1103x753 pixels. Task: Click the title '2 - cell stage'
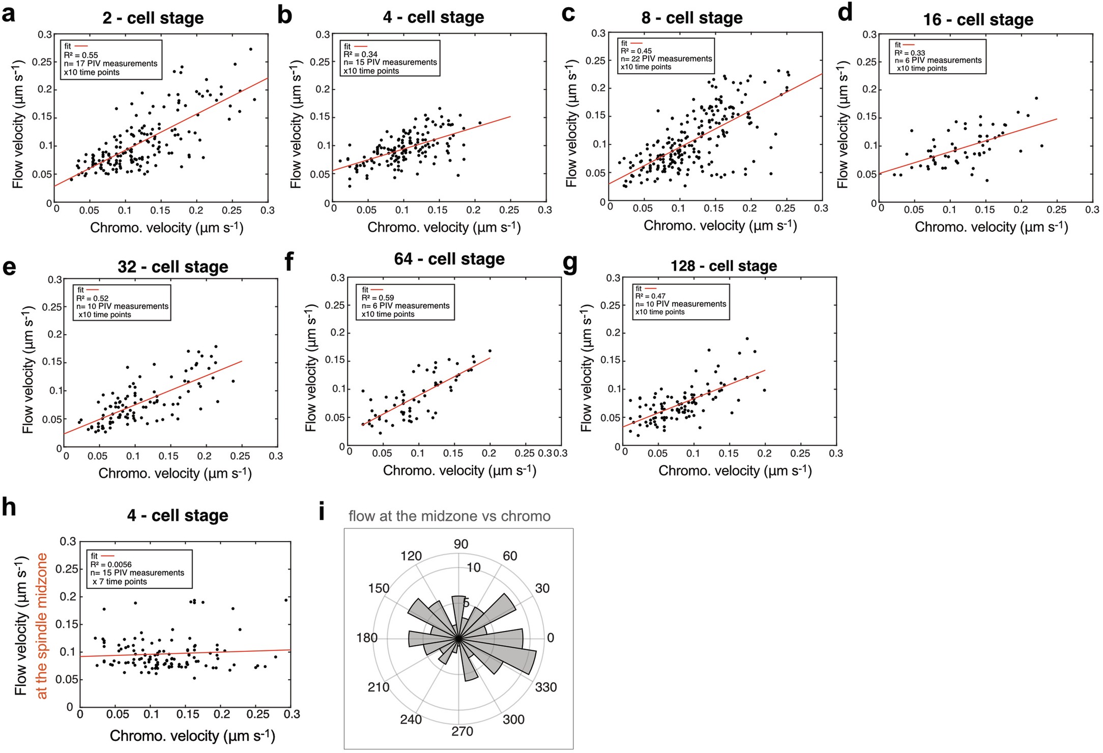click(153, 18)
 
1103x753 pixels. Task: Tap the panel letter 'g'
click(570, 263)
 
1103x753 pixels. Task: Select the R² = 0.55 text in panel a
click(81, 55)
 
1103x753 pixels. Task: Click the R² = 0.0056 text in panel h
click(111, 564)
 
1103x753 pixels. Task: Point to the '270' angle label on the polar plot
click(462, 731)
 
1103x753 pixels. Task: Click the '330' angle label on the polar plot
click(546, 687)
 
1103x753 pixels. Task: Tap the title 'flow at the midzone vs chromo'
click(449, 516)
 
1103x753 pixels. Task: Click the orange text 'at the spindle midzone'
click(42, 626)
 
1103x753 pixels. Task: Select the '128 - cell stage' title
click(723, 266)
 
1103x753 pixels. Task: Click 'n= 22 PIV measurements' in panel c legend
click(666, 59)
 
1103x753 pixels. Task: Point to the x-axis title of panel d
click(991, 227)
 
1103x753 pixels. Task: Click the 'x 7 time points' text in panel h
click(120, 582)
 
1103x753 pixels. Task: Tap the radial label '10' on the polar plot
click(473, 567)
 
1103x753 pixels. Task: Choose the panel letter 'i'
click(322, 513)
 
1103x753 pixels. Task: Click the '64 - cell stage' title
click(449, 259)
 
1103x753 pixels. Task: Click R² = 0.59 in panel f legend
click(378, 298)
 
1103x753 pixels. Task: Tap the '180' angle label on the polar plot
click(367, 638)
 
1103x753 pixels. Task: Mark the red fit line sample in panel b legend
click(361, 46)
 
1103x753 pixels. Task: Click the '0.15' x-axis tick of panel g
click(729, 454)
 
